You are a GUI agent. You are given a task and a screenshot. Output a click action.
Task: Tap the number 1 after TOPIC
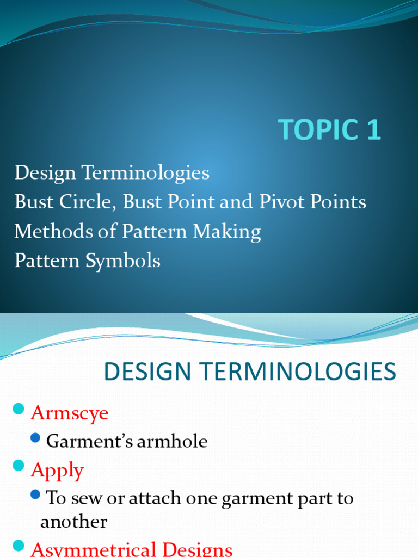(373, 130)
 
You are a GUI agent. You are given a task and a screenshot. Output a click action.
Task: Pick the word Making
(229, 232)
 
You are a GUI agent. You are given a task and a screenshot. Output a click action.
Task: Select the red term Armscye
(69, 413)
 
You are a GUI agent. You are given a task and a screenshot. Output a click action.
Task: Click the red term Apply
(57, 470)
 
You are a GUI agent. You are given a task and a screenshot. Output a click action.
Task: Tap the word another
(73, 522)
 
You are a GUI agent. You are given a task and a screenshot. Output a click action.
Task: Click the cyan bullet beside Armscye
(19, 409)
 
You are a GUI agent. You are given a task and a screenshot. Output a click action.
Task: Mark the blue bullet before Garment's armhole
(36, 437)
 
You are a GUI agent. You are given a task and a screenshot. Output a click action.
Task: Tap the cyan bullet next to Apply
(19, 466)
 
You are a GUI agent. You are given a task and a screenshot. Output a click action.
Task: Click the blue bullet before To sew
(36, 494)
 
